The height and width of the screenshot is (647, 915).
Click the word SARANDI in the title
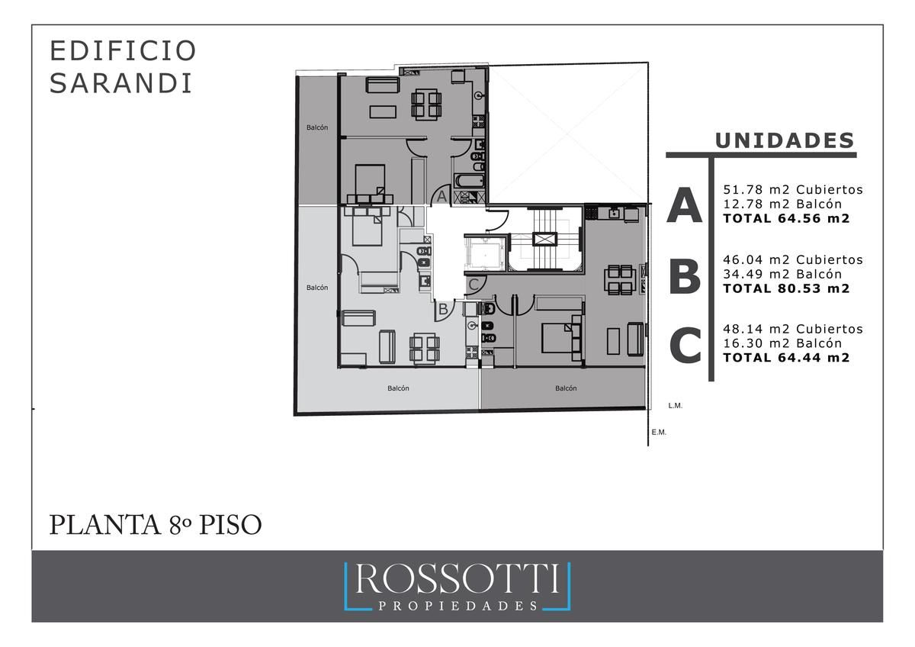pos(121,84)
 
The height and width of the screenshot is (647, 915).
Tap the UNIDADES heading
pos(785,140)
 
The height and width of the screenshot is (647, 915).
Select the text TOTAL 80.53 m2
pos(786,288)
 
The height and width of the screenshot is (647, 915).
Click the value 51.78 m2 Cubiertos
pos(793,190)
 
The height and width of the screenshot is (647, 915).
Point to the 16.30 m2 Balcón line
pos(782,343)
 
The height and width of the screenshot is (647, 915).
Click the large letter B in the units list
pos(685,278)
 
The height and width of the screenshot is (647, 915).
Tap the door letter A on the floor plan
pos(441,197)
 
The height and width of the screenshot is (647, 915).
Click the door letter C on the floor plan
pos(474,285)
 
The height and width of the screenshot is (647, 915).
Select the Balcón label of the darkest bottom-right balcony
pos(566,388)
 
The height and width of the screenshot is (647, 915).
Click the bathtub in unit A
pos(470,181)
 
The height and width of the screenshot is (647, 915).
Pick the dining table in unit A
pos(426,105)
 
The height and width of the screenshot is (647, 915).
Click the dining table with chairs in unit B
pos(425,348)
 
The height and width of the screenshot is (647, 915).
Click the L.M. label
pos(676,406)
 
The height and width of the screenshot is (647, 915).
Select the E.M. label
pos(659,433)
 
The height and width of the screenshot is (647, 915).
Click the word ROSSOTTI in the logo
pos(457,580)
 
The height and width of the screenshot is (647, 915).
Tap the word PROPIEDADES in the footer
pos(457,606)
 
